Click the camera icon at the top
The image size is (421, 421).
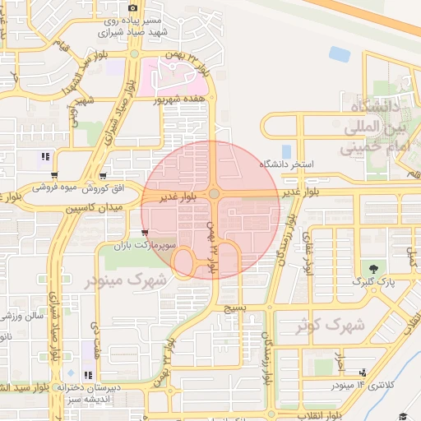click(x=133, y=8)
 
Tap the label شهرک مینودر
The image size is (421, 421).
click(x=126, y=280)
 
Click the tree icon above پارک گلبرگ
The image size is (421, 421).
click(x=375, y=268)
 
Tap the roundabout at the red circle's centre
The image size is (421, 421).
click(x=214, y=194)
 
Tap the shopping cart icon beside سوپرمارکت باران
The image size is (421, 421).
click(x=145, y=233)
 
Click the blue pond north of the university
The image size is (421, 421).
click(x=340, y=54)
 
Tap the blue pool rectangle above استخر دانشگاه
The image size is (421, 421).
click(x=286, y=151)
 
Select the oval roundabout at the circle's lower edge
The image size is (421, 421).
click(x=184, y=262)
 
